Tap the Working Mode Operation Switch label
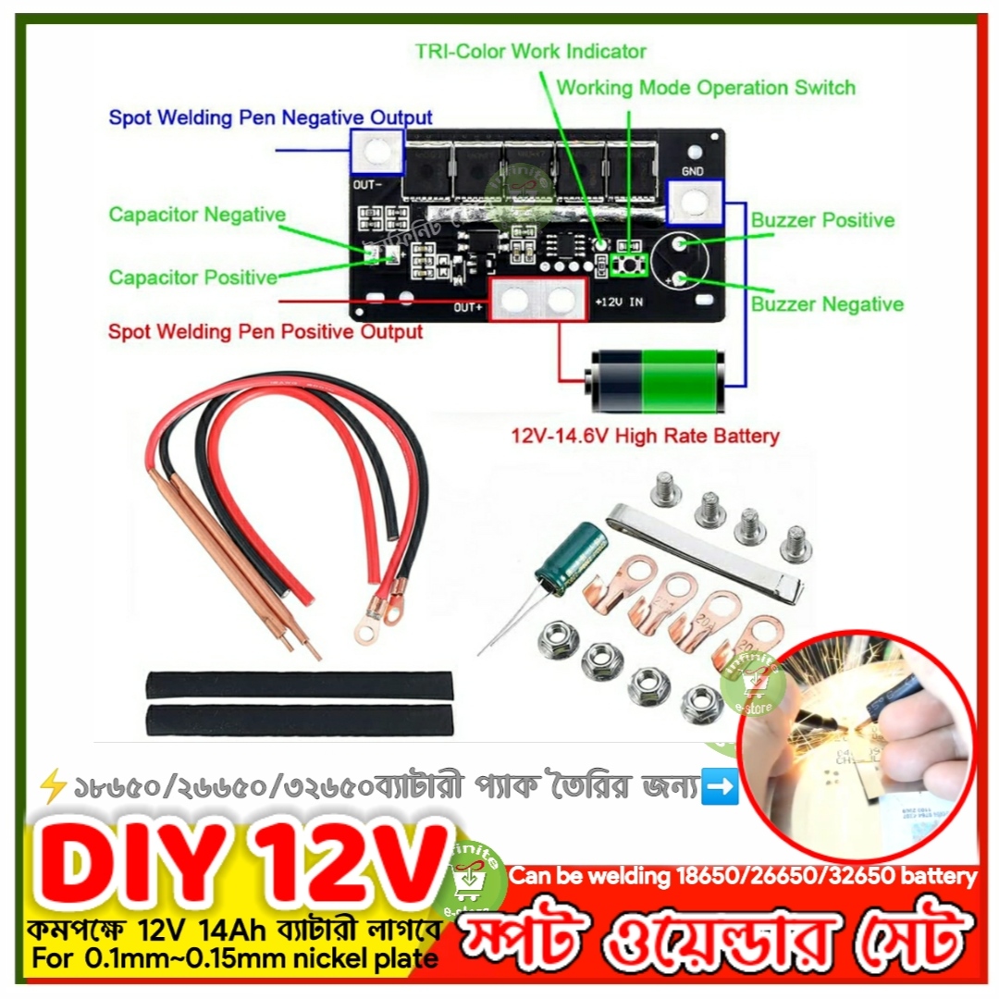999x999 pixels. (x=706, y=89)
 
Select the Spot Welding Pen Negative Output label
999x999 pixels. (x=270, y=118)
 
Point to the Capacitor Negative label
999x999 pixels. (x=197, y=215)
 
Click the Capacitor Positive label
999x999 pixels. (x=193, y=277)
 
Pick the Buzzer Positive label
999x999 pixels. (x=822, y=220)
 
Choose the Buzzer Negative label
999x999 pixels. (x=827, y=304)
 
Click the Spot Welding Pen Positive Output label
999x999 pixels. (x=265, y=332)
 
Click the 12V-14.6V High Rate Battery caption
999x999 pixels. (x=646, y=436)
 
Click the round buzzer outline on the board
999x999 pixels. (x=681, y=260)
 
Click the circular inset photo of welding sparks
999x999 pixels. (x=857, y=730)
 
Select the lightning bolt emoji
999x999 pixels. (x=53, y=789)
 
